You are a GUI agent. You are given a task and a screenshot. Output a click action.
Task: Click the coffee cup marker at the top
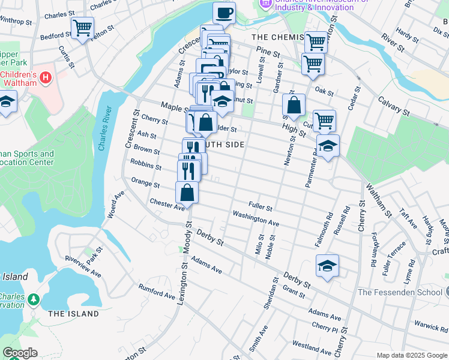pos(224,13)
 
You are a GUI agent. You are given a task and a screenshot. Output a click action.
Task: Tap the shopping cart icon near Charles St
pos(82,27)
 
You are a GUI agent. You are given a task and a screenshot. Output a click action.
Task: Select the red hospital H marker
pos(45,77)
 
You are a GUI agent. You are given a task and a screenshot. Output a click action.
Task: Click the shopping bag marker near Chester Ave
pos(187,193)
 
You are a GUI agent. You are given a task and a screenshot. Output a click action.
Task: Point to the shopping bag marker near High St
pos(294,105)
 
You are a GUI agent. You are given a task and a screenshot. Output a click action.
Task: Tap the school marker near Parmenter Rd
pos(328,146)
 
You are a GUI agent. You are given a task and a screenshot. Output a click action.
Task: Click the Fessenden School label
pos(399,292)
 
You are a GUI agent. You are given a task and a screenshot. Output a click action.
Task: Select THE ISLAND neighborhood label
pos(73,314)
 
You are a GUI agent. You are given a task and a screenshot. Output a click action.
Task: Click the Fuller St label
pos(261,208)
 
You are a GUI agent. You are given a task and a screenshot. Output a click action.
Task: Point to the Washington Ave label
pos(256,218)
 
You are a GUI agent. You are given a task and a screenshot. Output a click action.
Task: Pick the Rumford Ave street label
pos(157,290)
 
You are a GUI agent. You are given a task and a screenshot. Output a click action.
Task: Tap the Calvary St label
pos(393,106)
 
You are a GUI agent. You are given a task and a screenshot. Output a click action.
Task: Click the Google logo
pos(20,353)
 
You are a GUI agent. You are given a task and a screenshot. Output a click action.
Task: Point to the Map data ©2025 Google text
pos(411,355)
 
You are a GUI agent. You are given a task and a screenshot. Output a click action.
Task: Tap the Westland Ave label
pos(312,349)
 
